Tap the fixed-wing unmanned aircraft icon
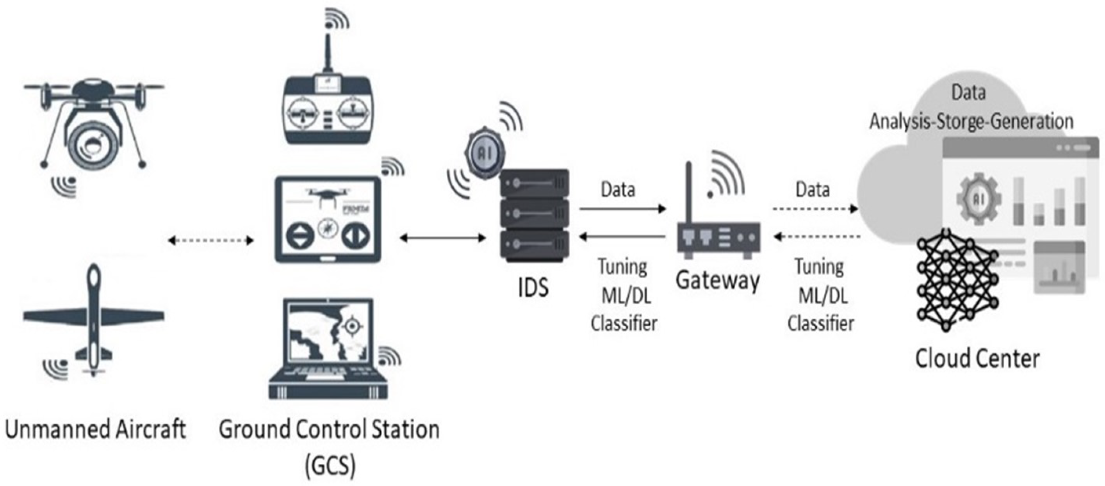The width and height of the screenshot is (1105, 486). click(93, 317)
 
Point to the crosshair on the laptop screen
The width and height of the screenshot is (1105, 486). click(352, 327)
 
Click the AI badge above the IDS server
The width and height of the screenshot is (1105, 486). click(485, 153)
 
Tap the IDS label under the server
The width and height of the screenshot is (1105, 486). click(533, 287)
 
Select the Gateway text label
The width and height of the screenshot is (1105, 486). click(718, 281)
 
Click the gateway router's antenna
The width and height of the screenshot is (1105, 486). click(689, 193)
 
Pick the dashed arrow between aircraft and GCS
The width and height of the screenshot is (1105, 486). click(210, 240)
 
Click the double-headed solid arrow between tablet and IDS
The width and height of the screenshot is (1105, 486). click(443, 238)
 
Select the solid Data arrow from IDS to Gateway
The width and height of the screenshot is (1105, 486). click(622, 209)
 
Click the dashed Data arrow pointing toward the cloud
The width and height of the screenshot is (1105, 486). click(815, 209)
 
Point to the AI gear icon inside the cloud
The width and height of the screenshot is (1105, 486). click(978, 199)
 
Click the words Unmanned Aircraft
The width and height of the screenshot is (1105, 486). click(95, 429)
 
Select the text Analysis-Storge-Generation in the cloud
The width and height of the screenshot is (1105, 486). click(971, 122)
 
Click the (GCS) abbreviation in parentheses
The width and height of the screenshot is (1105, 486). click(330, 465)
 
